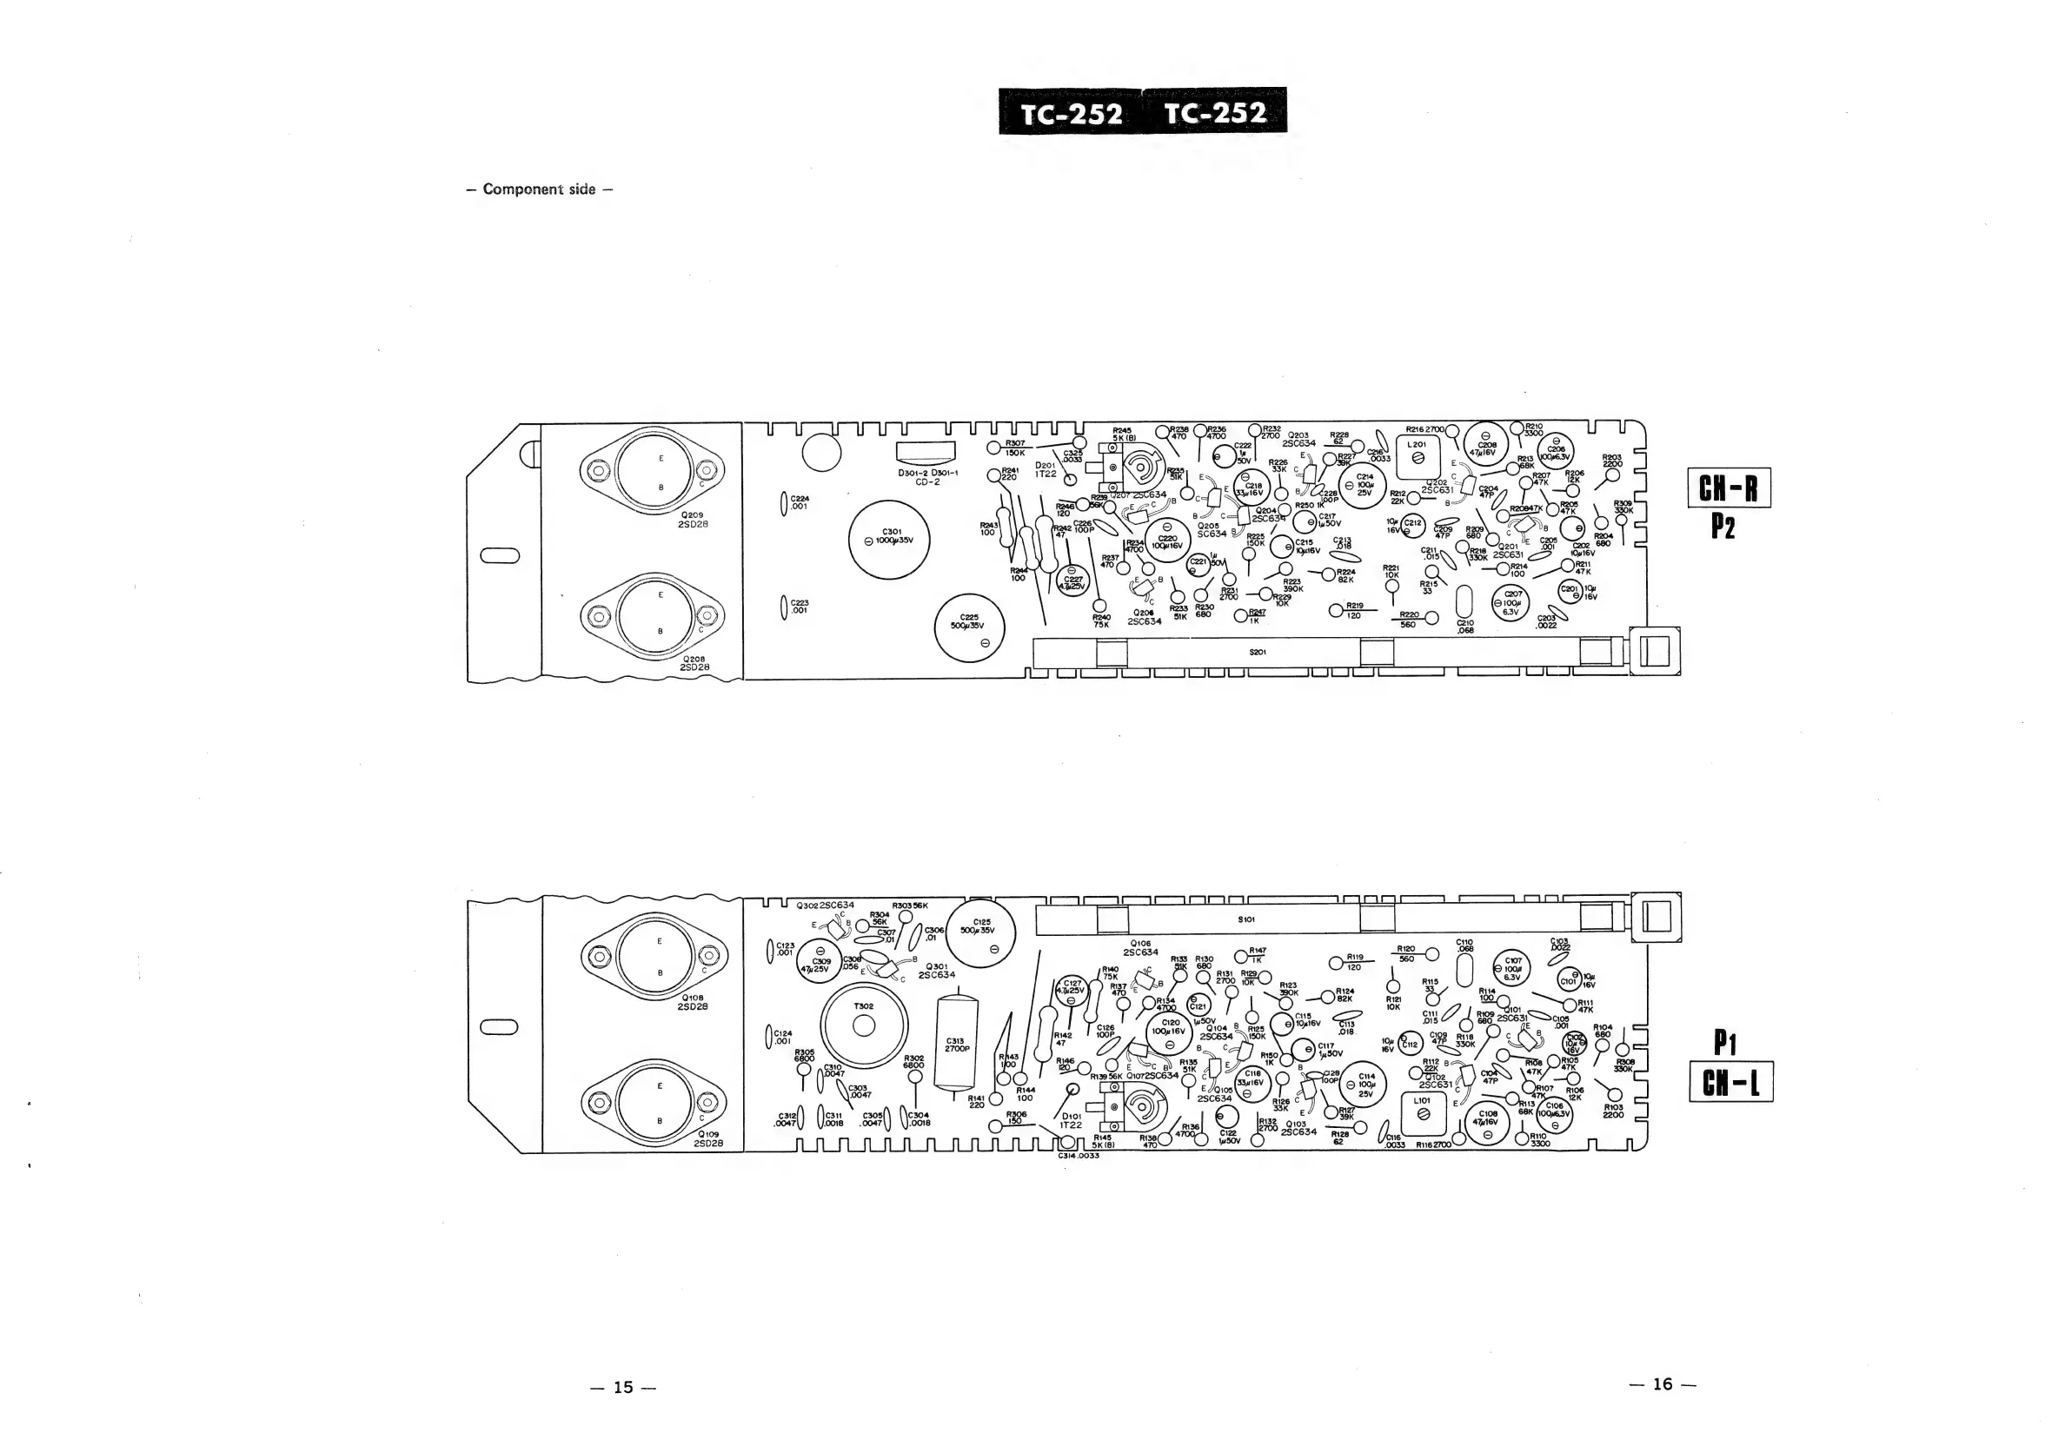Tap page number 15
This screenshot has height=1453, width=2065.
[623, 1386]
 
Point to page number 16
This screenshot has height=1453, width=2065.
[1662, 1383]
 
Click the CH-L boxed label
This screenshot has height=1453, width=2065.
[1730, 1082]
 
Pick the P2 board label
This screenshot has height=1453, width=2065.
[1723, 527]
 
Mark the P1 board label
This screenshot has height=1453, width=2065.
[1724, 1043]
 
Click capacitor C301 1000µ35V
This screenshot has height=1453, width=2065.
[889, 540]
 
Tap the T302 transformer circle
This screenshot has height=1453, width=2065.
[863, 1026]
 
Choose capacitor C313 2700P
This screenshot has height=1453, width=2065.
[954, 1043]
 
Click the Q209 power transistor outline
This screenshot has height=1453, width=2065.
[652, 470]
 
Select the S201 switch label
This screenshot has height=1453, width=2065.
[1258, 652]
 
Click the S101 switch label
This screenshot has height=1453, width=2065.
[1246, 919]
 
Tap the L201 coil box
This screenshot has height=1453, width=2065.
[1418, 453]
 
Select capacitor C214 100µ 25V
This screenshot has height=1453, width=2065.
[1364, 484]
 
